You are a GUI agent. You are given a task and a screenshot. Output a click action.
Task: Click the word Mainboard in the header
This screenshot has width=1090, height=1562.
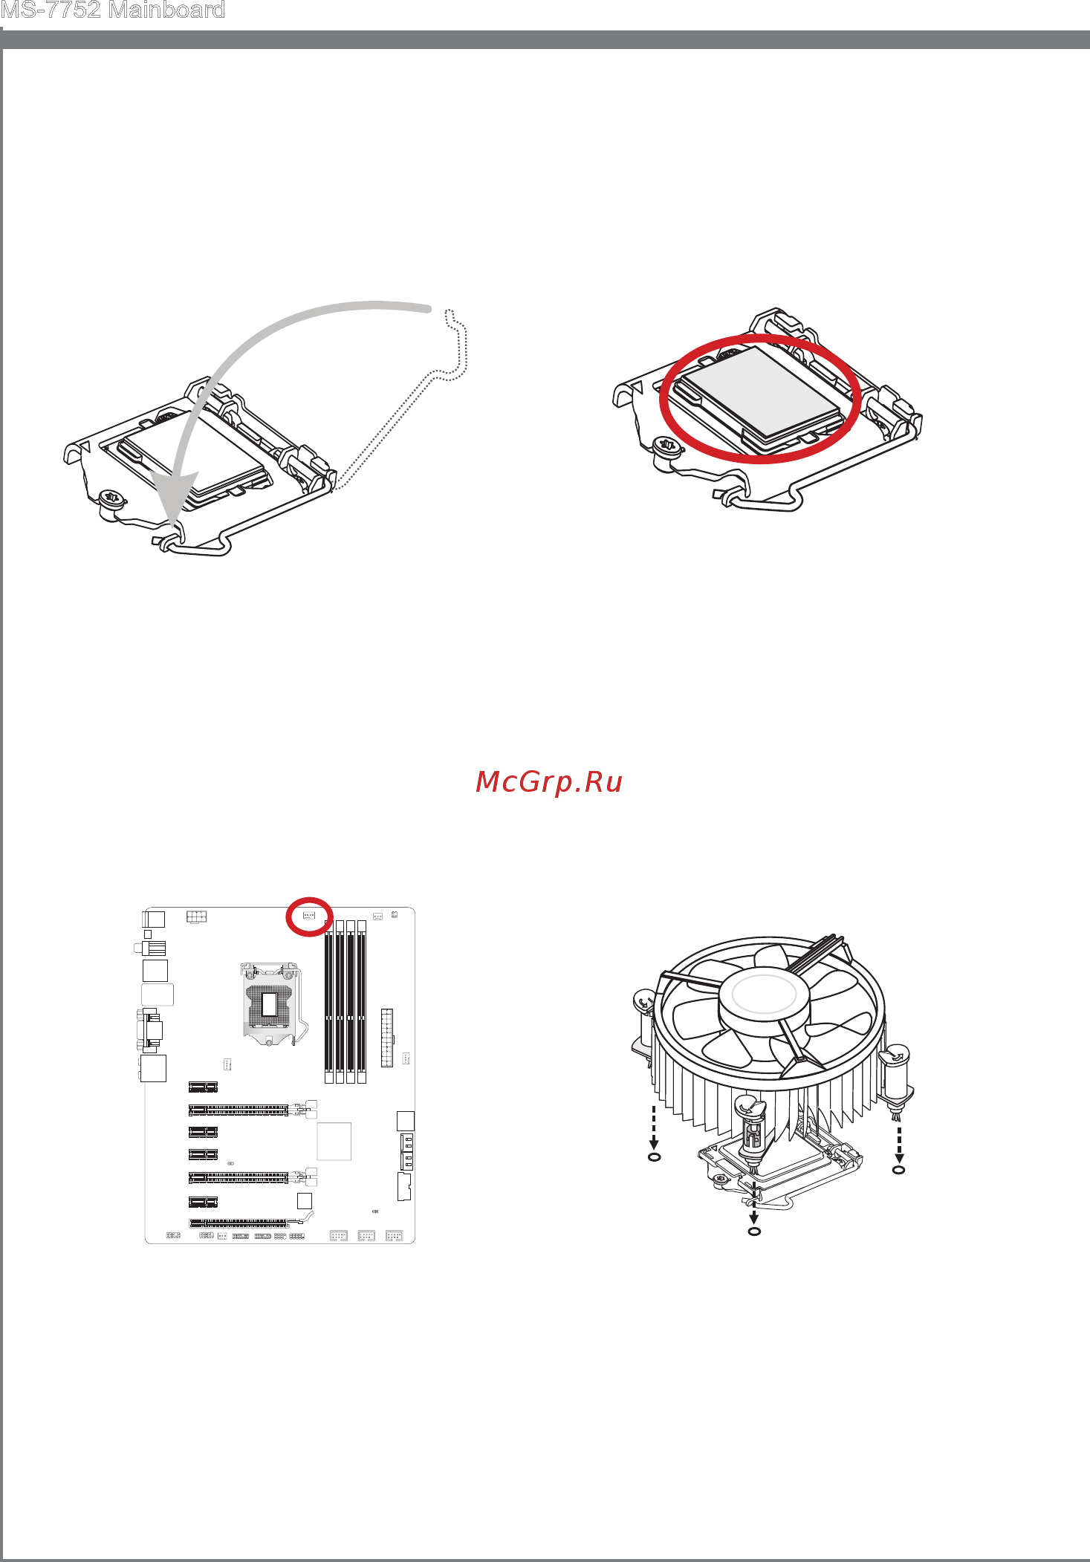166,10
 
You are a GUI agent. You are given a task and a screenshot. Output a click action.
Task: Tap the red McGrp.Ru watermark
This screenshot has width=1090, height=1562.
549,781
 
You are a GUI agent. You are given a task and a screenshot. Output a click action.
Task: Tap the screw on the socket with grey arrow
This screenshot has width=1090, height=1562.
111,498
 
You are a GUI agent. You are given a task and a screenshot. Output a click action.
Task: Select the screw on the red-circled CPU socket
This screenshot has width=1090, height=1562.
666,446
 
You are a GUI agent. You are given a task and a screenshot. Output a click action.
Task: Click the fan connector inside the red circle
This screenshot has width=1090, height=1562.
308,916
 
